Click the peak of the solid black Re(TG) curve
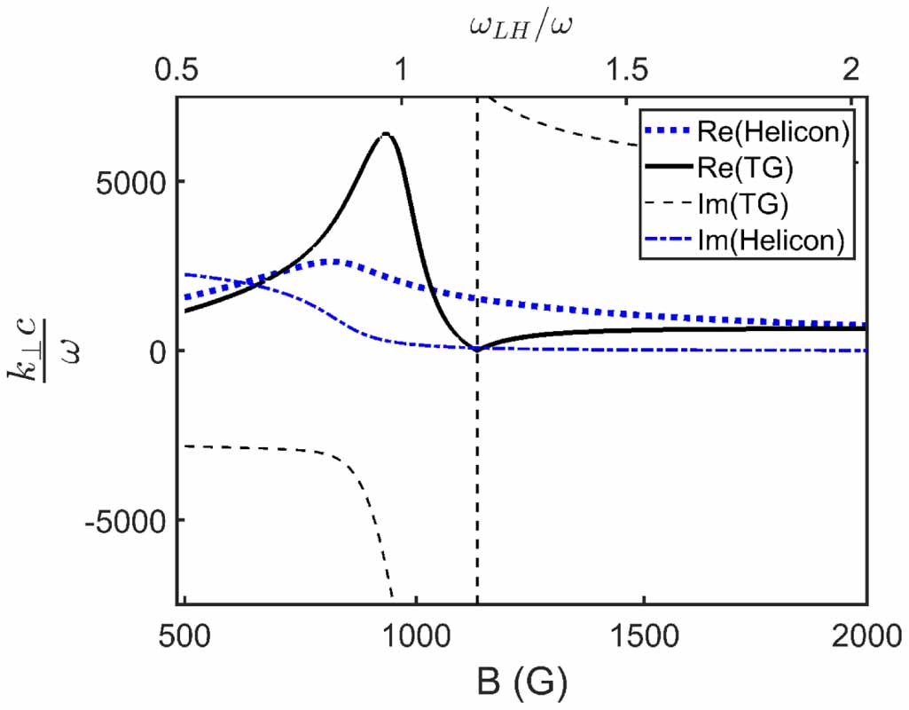point(385,134)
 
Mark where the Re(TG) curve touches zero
point(477,349)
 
